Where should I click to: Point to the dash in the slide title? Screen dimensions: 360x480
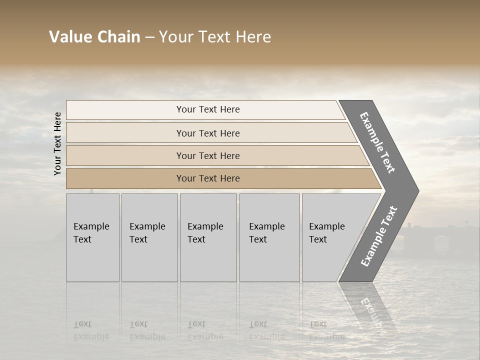point(149,37)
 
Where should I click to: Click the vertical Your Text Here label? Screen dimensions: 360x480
point(57,143)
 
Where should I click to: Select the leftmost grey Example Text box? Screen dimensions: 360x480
point(92,237)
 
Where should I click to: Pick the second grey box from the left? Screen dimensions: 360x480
point(149,237)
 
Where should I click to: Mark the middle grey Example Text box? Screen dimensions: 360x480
point(208,237)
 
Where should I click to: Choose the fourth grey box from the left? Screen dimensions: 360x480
point(269,237)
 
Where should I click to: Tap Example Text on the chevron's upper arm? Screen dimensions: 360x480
point(377,142)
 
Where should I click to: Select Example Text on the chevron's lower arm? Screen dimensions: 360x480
point(378,236)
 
